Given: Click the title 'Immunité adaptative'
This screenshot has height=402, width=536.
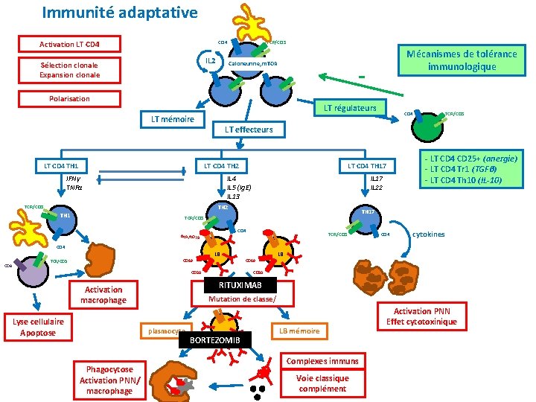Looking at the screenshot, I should pyautogui.click(x=120, y=13).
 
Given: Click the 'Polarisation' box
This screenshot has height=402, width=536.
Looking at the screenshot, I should pyautogui.click(x=69, y=99).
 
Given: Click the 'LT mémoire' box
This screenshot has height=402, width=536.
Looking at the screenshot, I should pyautogui.click(x=173, y=119).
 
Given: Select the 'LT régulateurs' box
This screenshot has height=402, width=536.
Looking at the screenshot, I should pyautogui.click(x=349, y=108).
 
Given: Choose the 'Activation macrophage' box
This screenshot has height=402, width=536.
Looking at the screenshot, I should pyautogui.click(x=104, y=295).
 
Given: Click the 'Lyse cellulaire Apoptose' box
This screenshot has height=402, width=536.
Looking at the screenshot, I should pyautogui.click(x=38, y=327).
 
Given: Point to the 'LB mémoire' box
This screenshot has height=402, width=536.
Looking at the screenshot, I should pyautogui.click(x=299, y=331).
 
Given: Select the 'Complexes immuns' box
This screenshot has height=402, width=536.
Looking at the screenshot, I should pyautogui.click(x=322, y=361).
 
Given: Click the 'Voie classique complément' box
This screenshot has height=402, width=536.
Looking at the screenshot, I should pyautogui.click(x=322, y=383).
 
